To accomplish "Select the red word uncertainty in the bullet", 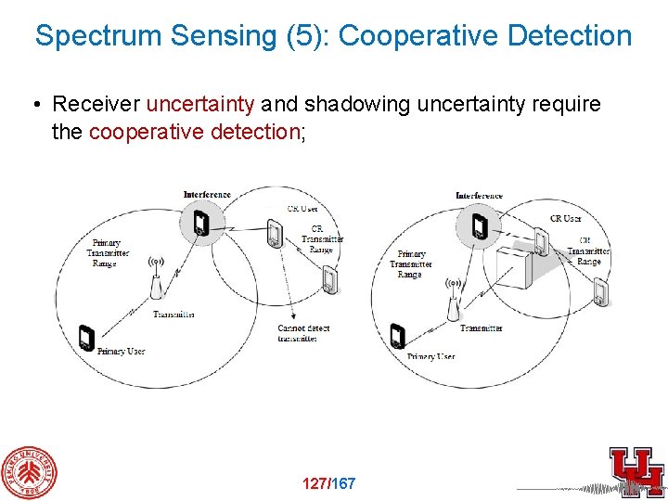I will tap(199, 104).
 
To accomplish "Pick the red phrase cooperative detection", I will tap(193, 132).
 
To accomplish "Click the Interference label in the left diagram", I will tap(207, 195).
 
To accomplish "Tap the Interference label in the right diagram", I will tap(479, 196).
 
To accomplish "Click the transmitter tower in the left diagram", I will tap(158, 278).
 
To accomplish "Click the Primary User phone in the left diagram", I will tap(86, 339).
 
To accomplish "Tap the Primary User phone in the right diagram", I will tap(398, 337).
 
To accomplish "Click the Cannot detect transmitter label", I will tap(302, 333).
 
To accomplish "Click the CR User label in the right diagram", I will tap(565, 219).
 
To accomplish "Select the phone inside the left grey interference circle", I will tap(200, 224).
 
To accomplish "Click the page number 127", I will tap(315, 483).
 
